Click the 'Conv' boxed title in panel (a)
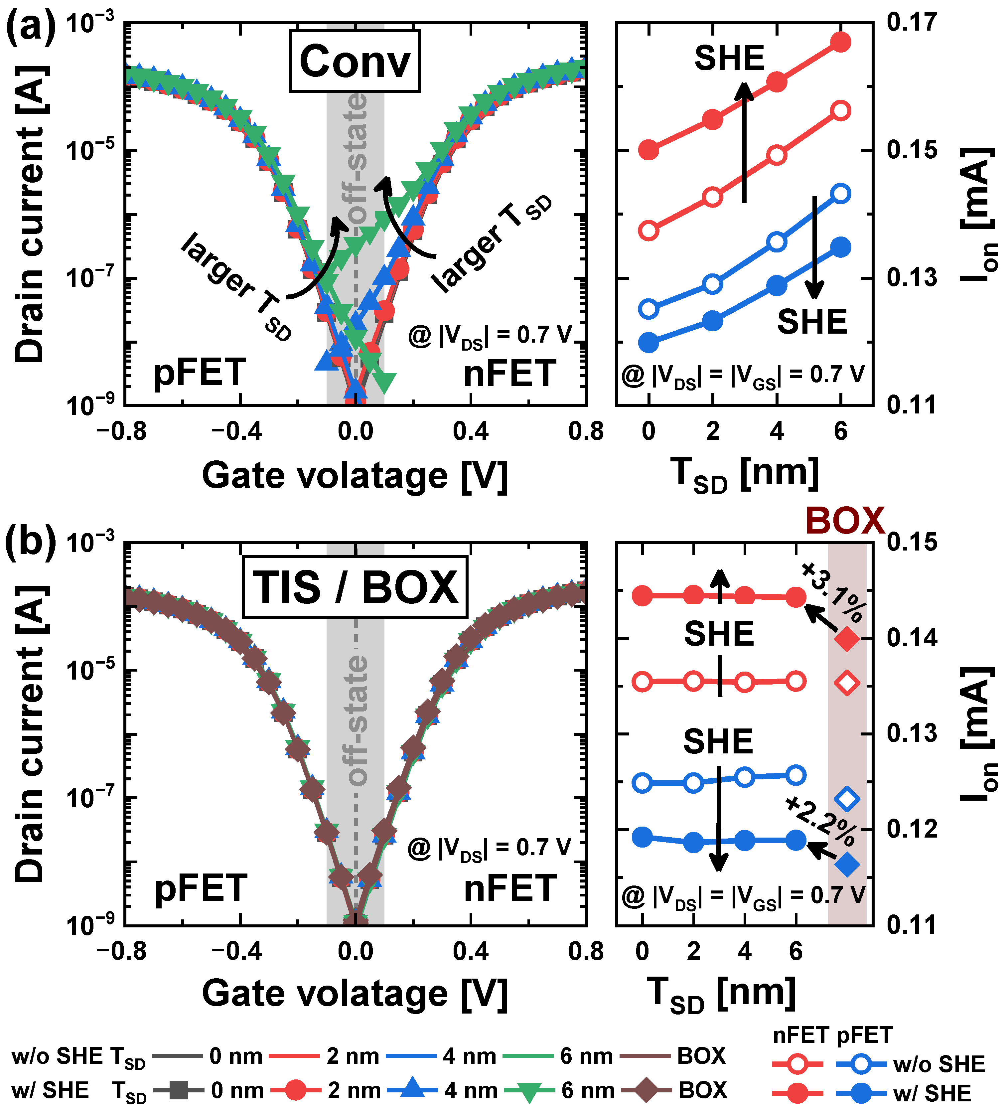pyautogui.click(x=355, y=61)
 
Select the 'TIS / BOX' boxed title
pyautogui.click(x=355, y=587)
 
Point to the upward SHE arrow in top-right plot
pyautogui.click(x=745, y=141)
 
